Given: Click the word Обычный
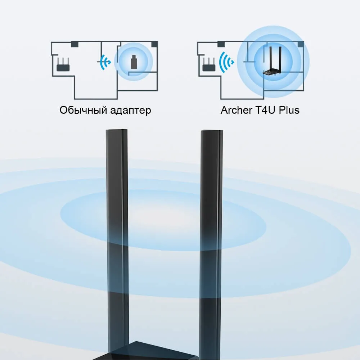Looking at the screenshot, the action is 83,111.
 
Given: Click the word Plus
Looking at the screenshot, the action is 289,110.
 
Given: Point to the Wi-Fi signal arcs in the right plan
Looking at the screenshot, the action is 226,62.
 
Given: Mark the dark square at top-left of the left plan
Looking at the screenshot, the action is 75,44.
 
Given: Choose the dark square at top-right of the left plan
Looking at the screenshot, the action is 155,44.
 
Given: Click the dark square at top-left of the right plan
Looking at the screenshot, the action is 221,44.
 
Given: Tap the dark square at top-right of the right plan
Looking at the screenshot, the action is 301,44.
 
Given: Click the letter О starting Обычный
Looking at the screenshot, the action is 63,110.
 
